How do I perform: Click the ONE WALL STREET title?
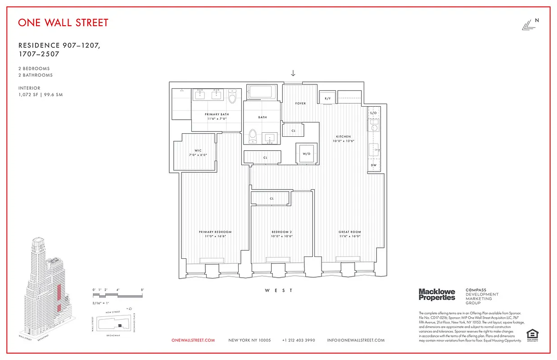click(x=63, y=22)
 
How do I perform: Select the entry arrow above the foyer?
click(x=293, y=73)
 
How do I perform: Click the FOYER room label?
click(x=300, y=103)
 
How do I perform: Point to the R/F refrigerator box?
click(x=327, y=98)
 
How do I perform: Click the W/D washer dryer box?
click(x=307, y=153)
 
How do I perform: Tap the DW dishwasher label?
click(x=373, y=165)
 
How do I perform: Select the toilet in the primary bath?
click(x=232, y=98)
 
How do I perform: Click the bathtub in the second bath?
click(x=263, y=93)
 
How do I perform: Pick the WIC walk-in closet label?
click(x=197, y=151)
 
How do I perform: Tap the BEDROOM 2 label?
click(x=282, y=232)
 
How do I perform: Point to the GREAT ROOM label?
click(x=350, y=232)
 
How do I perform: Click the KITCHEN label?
click(x=343, y=137)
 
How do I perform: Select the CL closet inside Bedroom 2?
click(x=272, y=198)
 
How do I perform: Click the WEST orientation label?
click(x=279, y=291)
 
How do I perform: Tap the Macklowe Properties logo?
click(x=437, y=295)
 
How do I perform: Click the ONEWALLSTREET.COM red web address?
click(x=193, y=340)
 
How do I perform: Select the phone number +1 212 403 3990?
click(x=299, y=340)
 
